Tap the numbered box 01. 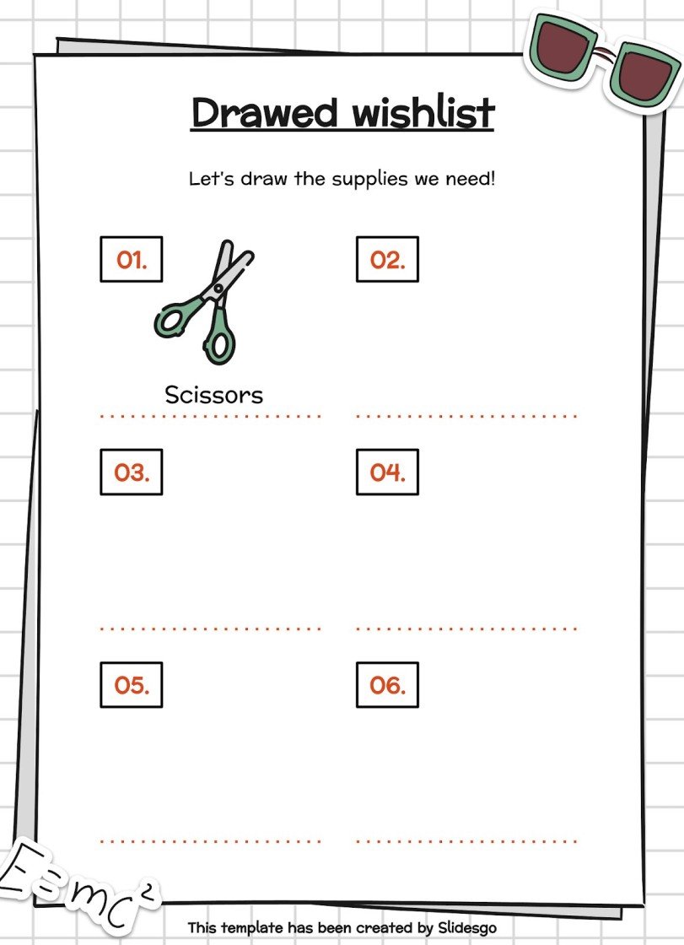tap(132, 260)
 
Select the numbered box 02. tap(387, 260)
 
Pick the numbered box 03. tap(132, 472)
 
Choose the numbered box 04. tap(387, 472)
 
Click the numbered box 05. tap(132, 685)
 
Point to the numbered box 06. tap(387, 685)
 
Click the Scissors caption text tap(213, 394)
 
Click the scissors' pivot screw tap(218, 289)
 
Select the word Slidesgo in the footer tap(467, 928)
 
